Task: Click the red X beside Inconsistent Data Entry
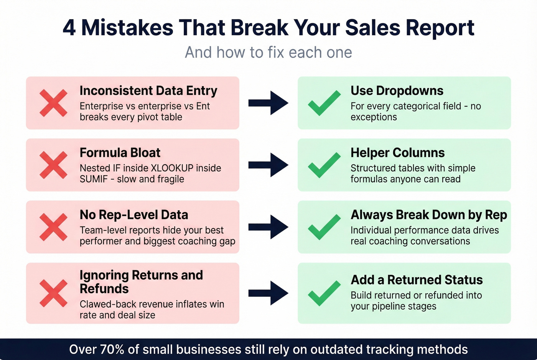53,103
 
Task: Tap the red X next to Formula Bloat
53,165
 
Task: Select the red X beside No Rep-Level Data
53,227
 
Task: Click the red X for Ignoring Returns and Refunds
53,293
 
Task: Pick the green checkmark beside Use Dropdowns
324,103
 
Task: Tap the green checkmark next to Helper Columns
324,165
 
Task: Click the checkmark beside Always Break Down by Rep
324,227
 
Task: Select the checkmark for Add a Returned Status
324,293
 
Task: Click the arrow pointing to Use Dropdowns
268,103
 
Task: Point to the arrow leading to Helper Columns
268,165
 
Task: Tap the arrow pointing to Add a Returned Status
268,293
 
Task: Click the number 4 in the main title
69,28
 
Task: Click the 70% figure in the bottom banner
112,350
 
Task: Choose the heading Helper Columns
397,153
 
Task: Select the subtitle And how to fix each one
268,53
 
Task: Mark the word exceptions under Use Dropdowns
374,117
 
